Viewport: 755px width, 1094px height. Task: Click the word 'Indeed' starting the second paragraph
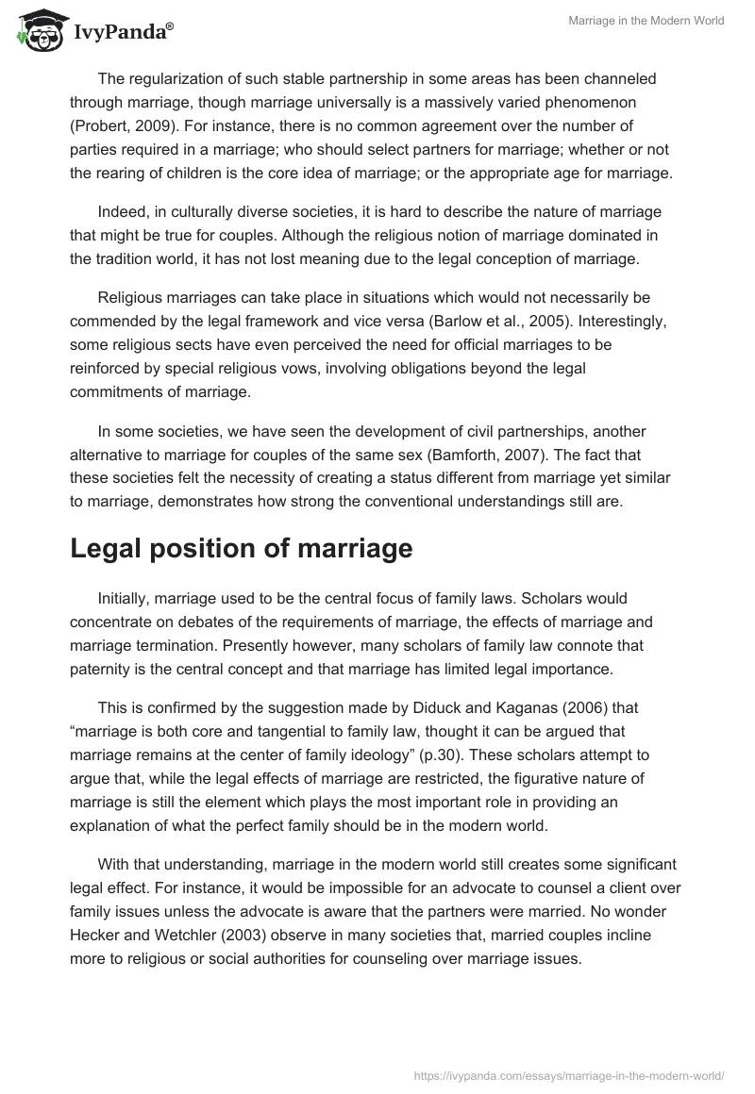(120, 210)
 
